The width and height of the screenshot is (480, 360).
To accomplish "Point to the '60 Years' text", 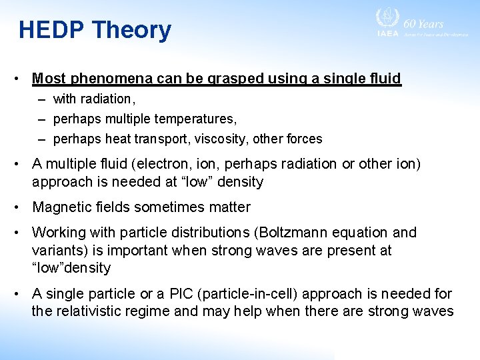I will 429,23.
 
